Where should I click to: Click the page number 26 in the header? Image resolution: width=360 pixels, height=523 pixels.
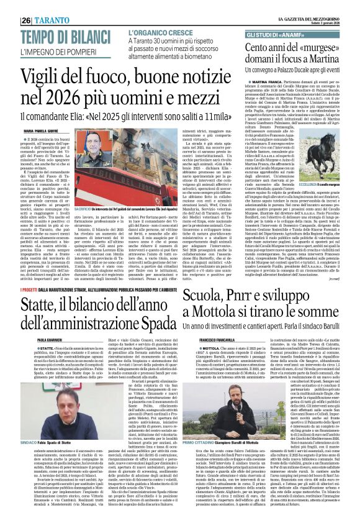[10, 19]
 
